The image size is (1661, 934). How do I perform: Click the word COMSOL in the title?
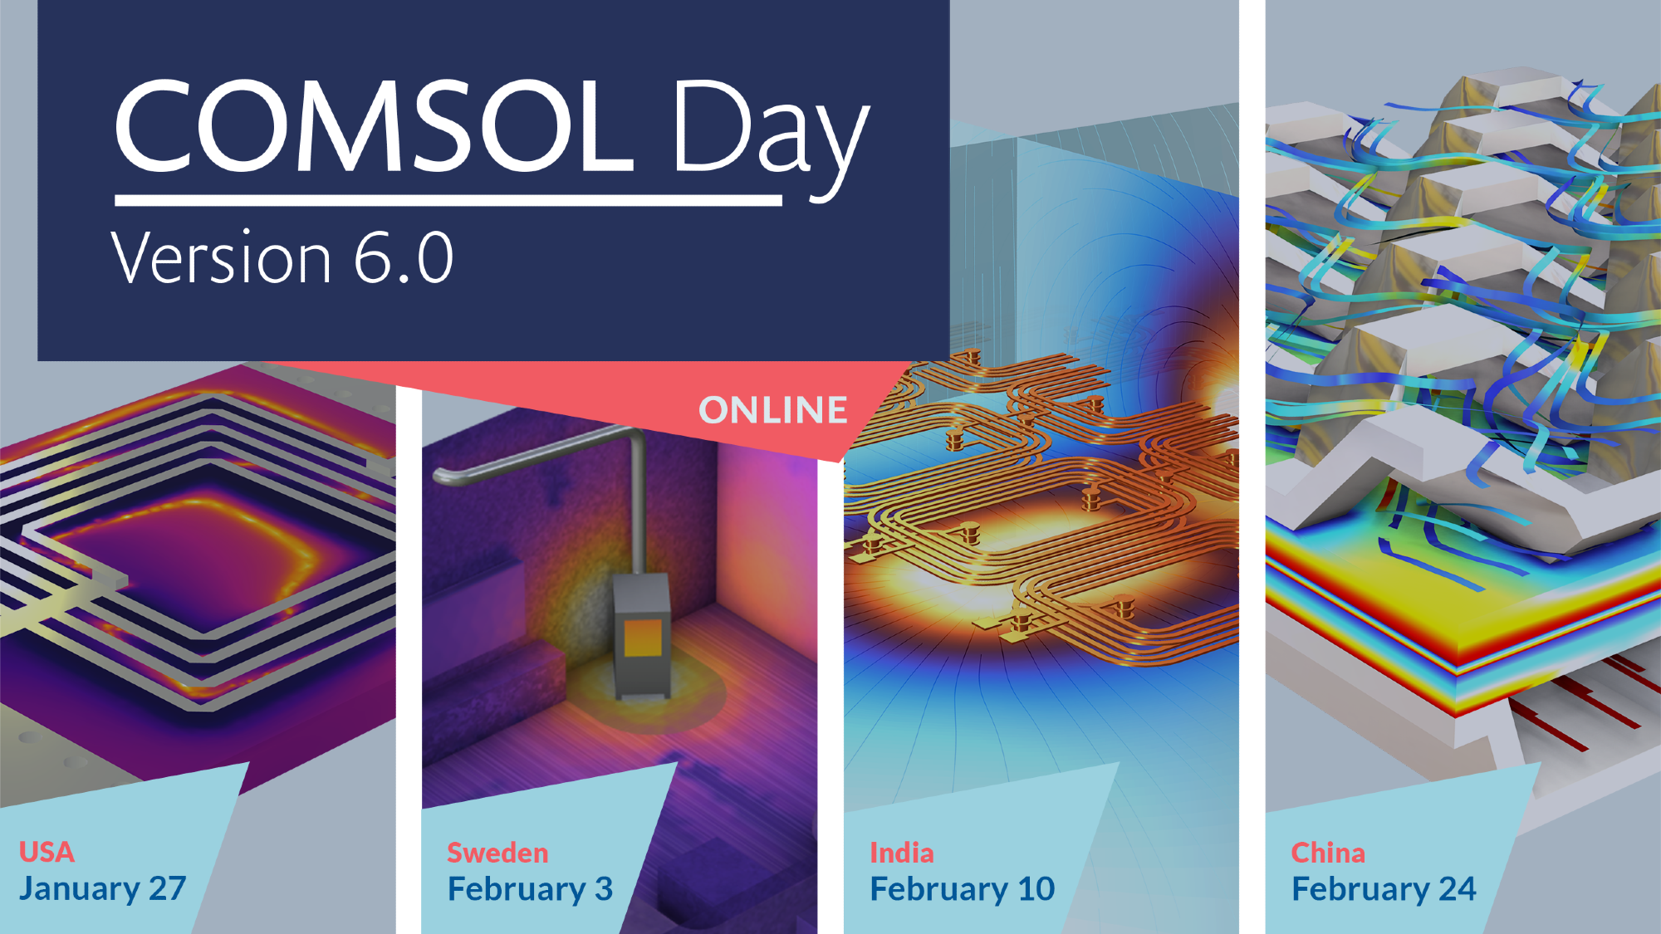[375, 126]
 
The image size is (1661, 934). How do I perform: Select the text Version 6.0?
[282, 257]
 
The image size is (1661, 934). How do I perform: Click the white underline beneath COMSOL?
[448, 200]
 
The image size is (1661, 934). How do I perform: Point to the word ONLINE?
[773, 410]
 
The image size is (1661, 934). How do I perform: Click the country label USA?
[47, 852]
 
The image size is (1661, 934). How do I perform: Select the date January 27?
[102, 888]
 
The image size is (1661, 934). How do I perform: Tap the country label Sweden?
[497, 853]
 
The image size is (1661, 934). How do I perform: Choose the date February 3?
[530, 889]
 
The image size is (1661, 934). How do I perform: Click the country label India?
[902, 853]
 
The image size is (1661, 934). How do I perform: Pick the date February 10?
[963, 889]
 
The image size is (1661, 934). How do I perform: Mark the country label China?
[1328, 853]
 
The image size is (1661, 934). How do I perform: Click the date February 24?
[1384, 889]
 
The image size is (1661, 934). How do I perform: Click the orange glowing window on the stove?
[643, 638]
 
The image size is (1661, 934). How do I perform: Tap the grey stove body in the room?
[641, 634]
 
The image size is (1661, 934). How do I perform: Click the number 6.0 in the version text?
[404, 257]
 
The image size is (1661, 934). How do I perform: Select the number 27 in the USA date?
[167, 888]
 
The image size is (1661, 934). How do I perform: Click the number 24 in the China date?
[1458, 889]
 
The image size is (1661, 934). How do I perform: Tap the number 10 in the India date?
[1036, 889]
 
